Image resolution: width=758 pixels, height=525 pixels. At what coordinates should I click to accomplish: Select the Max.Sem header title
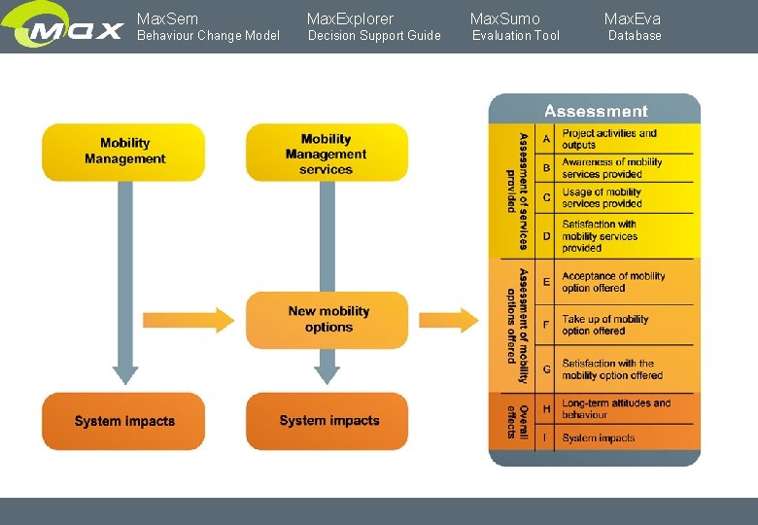(x=167, y=18)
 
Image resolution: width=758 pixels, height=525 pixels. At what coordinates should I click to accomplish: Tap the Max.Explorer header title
(x=350, y=18)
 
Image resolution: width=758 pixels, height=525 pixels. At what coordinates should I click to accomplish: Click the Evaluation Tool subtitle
(x=515, y=36)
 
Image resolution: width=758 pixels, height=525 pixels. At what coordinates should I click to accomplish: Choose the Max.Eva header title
(x=632, y=18)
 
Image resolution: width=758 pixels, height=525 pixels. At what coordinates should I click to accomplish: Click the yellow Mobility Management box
(x=123, y=152)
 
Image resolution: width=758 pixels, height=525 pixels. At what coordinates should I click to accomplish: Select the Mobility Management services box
(x=327, y=154)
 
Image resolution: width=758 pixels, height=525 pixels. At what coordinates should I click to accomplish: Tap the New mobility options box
(x=327, y=320)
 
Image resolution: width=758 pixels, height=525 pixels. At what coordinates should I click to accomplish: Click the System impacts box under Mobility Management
(x=123, y=421)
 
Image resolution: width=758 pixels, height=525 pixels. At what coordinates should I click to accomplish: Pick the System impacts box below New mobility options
(x=327, y=421)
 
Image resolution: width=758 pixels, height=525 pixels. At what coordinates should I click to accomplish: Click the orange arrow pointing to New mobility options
(x=189, y=319)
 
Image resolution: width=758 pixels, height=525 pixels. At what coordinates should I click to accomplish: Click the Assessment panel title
(x=595, y=111)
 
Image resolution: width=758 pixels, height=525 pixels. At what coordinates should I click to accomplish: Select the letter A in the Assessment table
(x=546, y=139)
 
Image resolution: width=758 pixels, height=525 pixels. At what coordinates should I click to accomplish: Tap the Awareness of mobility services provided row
(x=611, y=168)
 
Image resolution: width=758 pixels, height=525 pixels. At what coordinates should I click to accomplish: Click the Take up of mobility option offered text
(x=604, y=325)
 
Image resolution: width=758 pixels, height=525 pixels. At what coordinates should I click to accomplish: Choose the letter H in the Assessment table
(x=546, y=409)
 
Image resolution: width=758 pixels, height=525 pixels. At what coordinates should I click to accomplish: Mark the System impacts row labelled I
(x=598, y=438)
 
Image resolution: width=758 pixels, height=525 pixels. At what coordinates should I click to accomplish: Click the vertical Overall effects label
(x=517, y=421)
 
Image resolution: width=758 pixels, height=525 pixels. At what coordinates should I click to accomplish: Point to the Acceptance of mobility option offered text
(x=612, y=282)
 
